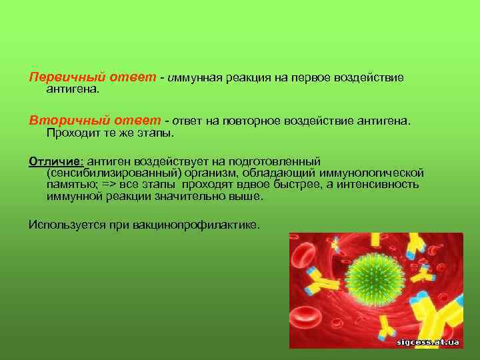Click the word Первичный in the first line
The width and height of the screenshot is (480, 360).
click(59, 78)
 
